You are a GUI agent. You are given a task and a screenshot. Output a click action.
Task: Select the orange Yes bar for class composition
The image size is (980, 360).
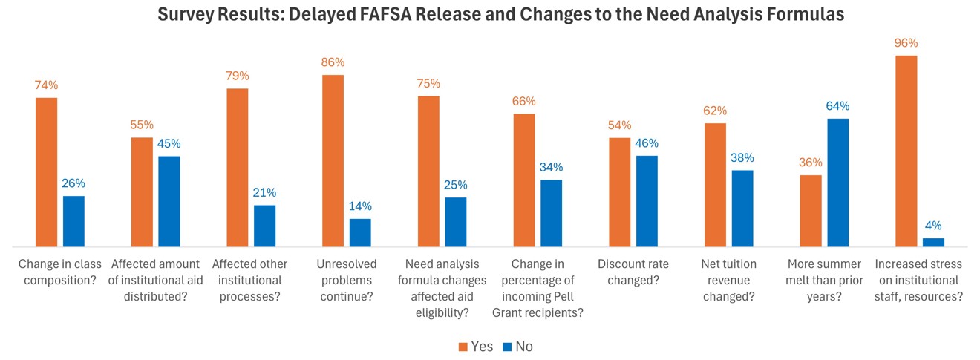(x=46, y=171)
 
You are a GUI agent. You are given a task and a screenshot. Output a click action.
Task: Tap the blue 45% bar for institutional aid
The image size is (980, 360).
(x=169, y=200)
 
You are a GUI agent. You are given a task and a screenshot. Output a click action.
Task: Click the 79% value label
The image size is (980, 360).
(x=238, y=76)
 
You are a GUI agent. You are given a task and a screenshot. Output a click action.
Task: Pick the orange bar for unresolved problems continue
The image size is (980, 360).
(x=333, y=160)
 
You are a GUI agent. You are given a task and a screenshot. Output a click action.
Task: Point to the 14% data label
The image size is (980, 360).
(x=361, y=206)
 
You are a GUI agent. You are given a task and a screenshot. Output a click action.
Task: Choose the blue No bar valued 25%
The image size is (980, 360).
(x=456, y=221)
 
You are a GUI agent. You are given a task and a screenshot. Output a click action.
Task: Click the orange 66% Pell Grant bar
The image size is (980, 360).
(x=524, y=180)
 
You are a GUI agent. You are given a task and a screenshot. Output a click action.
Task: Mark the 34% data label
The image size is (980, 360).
(x=551, y=168)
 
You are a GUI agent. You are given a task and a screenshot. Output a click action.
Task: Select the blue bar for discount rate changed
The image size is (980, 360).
(x=647, y=200)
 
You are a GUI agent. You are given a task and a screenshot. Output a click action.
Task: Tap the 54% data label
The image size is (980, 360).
(x=619, y=125)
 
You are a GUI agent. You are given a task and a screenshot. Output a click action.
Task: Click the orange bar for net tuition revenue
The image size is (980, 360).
(x=715, y=184)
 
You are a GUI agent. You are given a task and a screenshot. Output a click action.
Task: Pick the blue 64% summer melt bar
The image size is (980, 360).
(x=837, y=182)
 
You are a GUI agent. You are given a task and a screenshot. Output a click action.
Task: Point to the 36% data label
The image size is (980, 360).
(x=811, y=163)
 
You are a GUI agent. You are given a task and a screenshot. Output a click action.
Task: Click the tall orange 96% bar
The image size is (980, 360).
(x=906, y=151)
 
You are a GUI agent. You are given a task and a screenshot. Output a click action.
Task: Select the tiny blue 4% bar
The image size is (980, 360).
(x=933, y=242)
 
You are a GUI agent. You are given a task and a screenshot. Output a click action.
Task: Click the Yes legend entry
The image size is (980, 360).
(x=474, y=347)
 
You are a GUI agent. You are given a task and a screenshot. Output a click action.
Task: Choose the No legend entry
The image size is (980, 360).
(x=517, y=347)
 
